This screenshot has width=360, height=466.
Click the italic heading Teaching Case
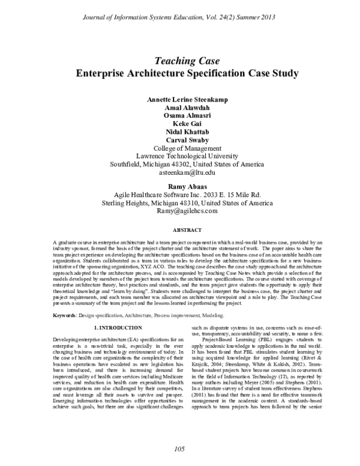point(179,61)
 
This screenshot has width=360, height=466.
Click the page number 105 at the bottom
point(179,449)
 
